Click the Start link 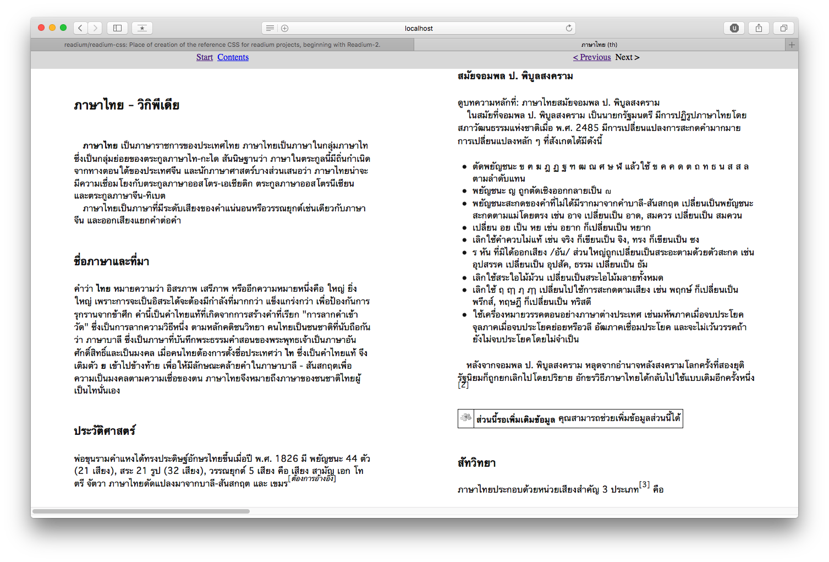point(204,57)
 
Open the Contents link point(233,57)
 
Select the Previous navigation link point(592,57)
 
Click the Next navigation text point(627,57)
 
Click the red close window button point(41,28)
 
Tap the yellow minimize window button point(52,28)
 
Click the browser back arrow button point(80,28)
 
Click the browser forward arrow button point(95,28)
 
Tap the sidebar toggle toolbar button point(117,28)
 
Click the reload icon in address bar point(569,28)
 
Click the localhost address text point(419,29)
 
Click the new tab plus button point(792,45)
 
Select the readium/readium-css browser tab point(222,45)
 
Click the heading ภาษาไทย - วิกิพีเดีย point(127,105)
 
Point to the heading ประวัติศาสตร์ point(105,431)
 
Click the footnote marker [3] point(644,485)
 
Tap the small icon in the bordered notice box point(466,418)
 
